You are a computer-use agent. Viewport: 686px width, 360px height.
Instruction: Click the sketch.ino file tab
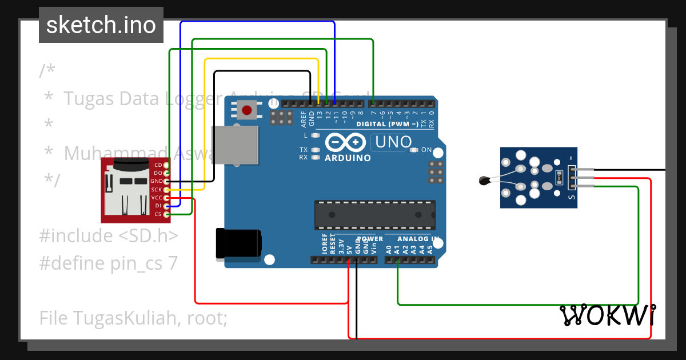(x=101, y=25)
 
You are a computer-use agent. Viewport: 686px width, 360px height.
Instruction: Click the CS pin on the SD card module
(x=166, y=214)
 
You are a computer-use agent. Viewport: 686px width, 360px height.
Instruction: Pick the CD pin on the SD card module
(x=166, y=165)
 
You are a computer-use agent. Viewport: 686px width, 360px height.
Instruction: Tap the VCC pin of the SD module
(x=166, y=198)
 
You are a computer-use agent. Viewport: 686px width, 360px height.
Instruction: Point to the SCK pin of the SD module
(x=166, y=189)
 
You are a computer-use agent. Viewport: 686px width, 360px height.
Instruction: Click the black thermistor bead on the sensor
(x=484, y=182)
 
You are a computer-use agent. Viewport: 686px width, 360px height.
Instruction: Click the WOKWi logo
(x=608, y=315)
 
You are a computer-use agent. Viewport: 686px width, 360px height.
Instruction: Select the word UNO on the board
(x=392, y=141)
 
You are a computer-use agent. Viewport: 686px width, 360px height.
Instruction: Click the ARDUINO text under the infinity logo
(x=348, y=158)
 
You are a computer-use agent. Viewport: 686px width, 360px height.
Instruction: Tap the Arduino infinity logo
(x=345, y=142)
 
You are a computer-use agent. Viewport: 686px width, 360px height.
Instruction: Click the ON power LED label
(x=426, y=150)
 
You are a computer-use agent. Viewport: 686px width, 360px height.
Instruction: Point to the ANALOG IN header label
(x=418, y=239)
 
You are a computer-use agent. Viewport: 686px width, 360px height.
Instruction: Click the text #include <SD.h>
(x=109, y=235)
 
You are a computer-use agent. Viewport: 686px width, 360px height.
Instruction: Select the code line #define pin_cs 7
(x=109, y=263)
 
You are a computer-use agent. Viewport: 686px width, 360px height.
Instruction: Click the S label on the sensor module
(x=571, y=197)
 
